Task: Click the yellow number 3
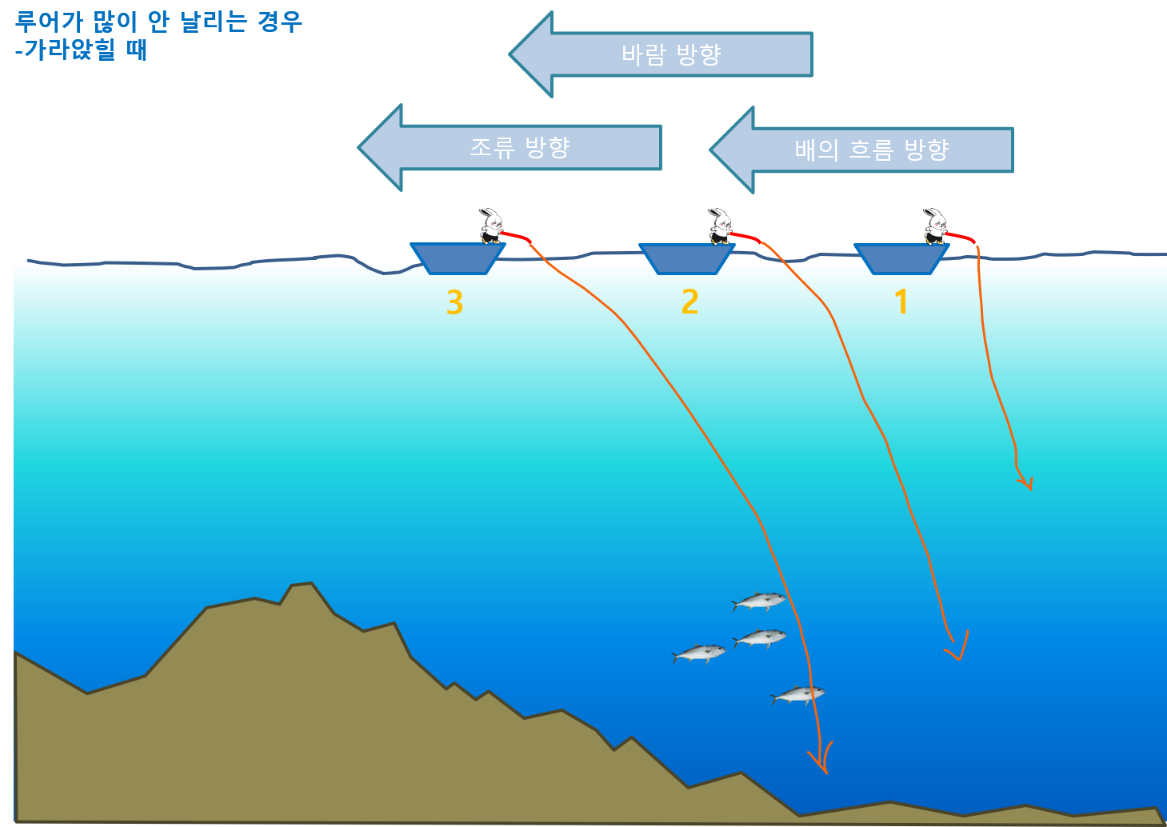point(455,302)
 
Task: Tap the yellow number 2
point(689,302)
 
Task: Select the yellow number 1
point(901,302)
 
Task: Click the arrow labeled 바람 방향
point(661,54)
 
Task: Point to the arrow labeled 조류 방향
point(510,147)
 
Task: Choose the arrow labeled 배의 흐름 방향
point(861,150)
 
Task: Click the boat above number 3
point(458,258)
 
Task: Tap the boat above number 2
point(686,258)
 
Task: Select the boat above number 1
point(901,258)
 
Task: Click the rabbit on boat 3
point(491,226)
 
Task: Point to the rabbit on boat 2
point(719,226)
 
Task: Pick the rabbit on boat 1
point(935,226)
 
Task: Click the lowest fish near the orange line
point(797,695)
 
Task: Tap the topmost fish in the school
point(759,601)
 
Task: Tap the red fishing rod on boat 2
point(745,237)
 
